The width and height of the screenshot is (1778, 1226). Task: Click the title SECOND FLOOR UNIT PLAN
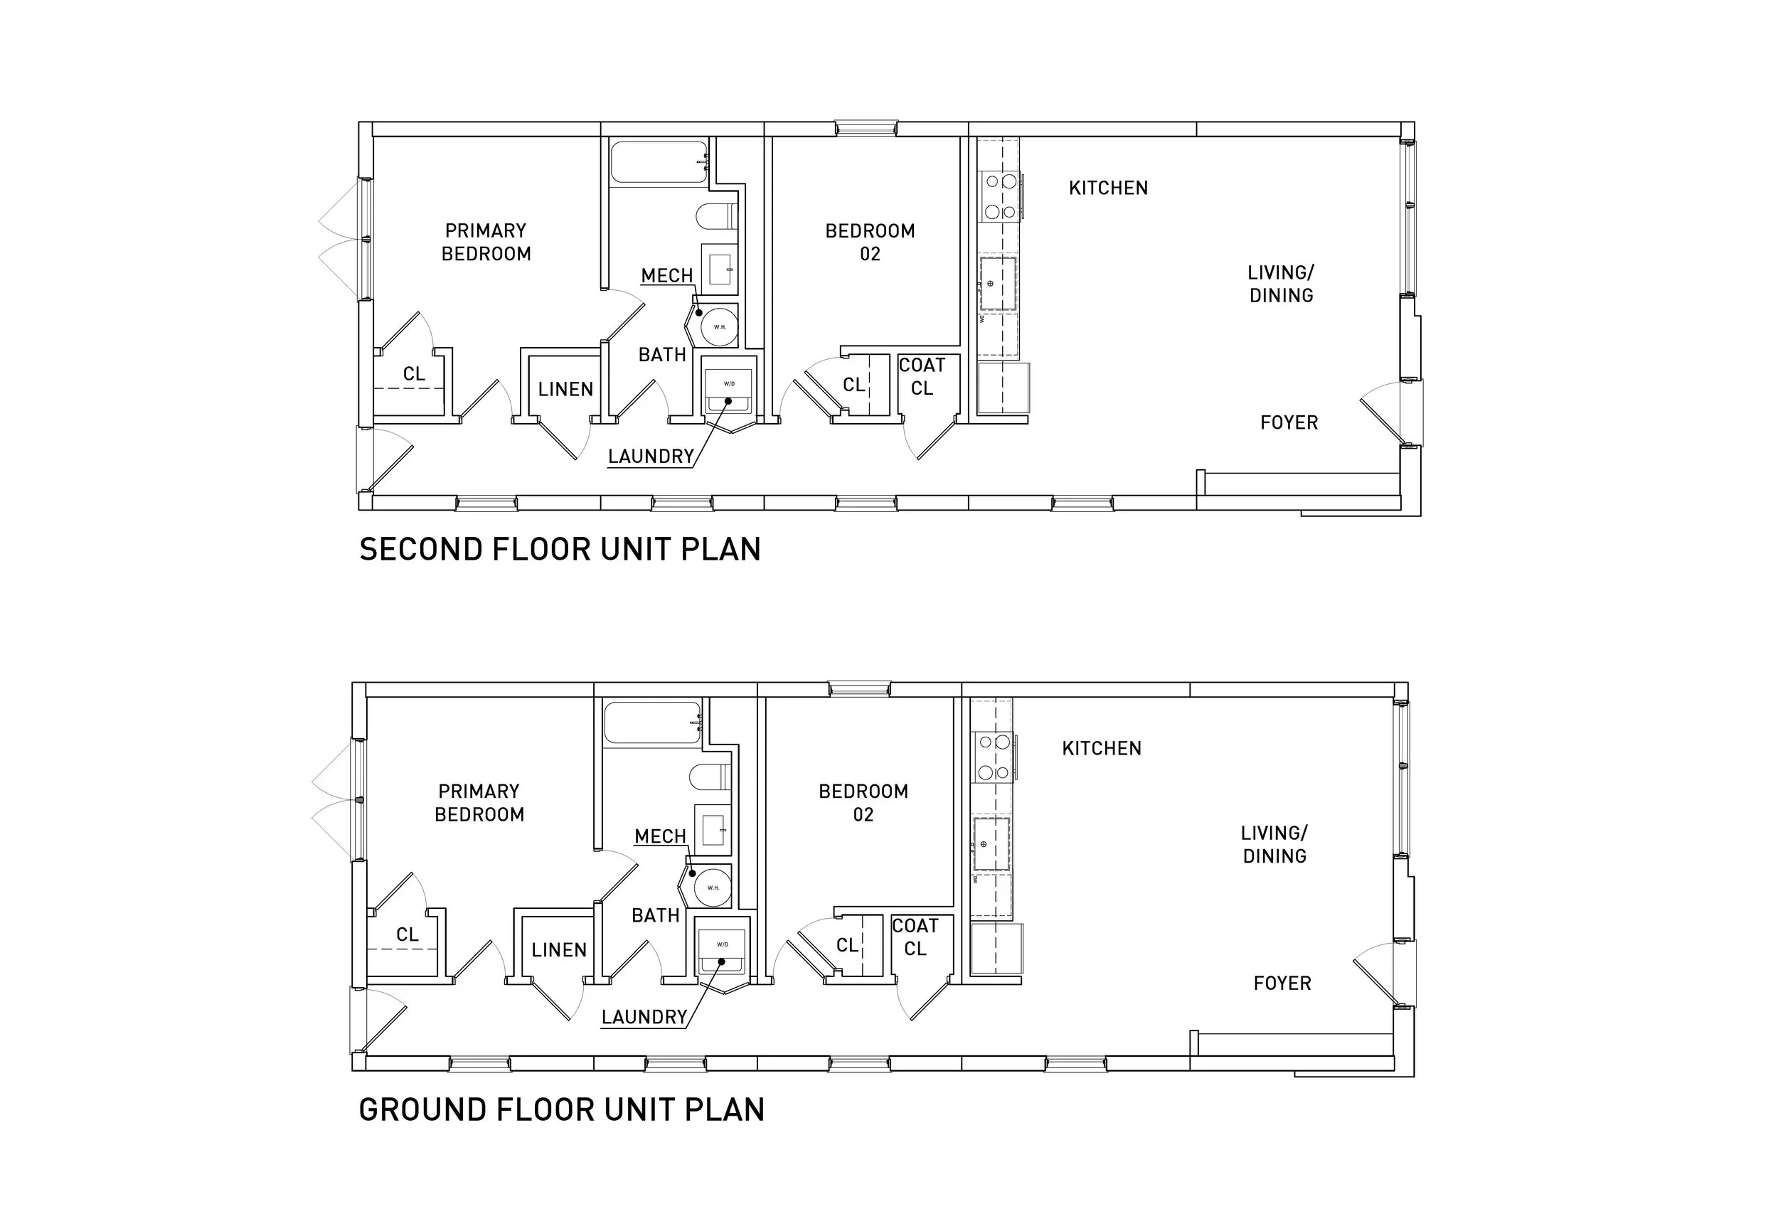click(x=559, y=549)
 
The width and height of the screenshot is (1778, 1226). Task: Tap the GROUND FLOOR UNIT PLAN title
click(x=560, y=1110)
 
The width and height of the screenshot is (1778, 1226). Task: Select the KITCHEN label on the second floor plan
click(x=1107, y=188)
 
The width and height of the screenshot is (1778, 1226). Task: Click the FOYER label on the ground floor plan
click(x=1282, y=984)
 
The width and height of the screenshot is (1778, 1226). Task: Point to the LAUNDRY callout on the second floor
click(x=651, y=457)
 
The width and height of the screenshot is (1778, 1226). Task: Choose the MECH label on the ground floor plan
click(x=660, y=836)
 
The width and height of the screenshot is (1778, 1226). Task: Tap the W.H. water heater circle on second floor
click(x=720, y=326)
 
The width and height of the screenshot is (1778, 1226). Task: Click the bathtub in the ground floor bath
click(x=651, y=723)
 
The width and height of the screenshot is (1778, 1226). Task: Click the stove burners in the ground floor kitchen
click(x=994, y=757)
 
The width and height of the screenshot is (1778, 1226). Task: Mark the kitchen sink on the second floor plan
click(x=998, y=284)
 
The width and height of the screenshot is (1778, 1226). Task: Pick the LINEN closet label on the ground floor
click(x=558, y=950)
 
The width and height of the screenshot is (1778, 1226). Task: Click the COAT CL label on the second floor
click(x=922, y=376)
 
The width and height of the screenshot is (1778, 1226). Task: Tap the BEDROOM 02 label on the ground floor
click(x=863, y=803)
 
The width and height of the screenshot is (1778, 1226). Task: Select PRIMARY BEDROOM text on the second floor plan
click(x=486, y=242)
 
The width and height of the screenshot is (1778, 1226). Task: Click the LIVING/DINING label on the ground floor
click(x=1274, y=844)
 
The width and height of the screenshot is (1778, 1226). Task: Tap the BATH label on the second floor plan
click(x=661, y=355)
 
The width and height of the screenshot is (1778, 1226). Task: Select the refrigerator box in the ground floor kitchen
click(x=996, y=949)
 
